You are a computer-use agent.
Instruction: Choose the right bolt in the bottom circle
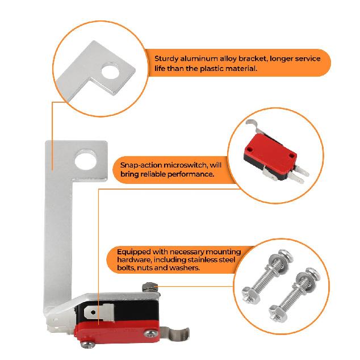(304, 287)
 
